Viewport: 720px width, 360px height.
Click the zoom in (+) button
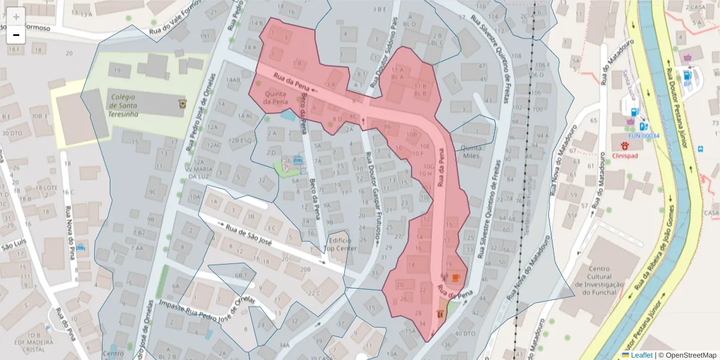[16, 17]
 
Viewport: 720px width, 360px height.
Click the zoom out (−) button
[16, 35]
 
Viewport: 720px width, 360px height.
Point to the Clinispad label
[625, 155]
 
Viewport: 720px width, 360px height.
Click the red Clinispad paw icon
[625, 145]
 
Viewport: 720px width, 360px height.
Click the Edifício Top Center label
[341, 244]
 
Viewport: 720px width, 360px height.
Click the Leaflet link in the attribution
[641, 355]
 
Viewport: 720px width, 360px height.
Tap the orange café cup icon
[456, 277]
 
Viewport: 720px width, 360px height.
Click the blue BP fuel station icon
[687, 75]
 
